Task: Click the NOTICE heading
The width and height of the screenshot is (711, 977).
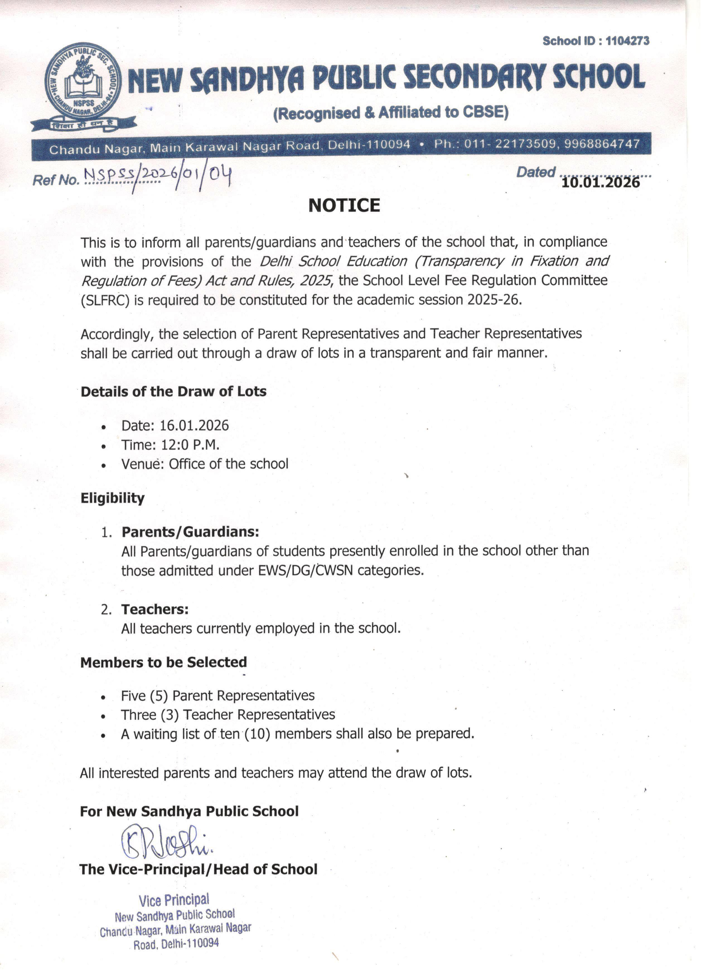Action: pyautogui.click(x=344, y=206)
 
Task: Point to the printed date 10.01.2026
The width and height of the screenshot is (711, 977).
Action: pyautogui.click(x=600, y=183)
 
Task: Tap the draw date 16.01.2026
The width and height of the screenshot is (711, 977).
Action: pyautogui.click(x=194, y=426)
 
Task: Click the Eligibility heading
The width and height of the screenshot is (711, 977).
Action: pyautogui.click(x=113, y=498)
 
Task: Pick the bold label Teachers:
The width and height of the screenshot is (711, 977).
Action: pyautogui.click(x=155, y=610)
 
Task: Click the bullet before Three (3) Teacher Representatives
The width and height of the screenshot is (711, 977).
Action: pyautogui.click(x=103, y=716)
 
